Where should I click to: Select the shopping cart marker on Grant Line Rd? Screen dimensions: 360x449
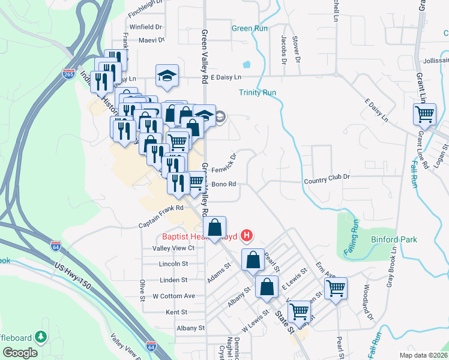425,113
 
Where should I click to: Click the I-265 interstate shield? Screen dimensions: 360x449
68,74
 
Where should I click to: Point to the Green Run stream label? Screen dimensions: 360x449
250,28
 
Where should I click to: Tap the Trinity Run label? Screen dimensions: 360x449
257,92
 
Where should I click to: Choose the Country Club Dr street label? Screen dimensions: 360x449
327,178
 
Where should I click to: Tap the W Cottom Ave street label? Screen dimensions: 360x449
173,296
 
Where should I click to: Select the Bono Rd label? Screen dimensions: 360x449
223,184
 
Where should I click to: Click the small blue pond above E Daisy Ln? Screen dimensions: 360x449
247,64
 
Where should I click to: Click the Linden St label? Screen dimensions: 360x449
174,280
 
